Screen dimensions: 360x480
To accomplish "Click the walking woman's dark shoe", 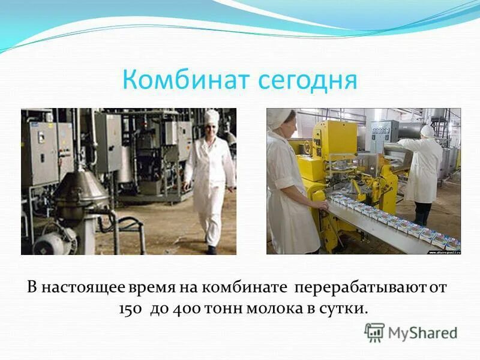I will pos(211,250).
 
